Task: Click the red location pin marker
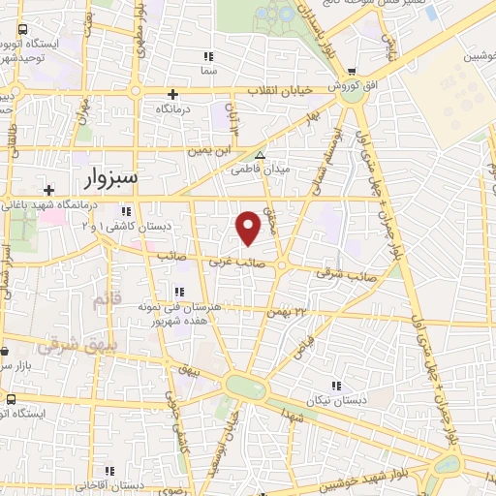[x=249, y=228]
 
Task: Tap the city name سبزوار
[x=106, y=178]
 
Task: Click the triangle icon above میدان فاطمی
[x=259, y=154]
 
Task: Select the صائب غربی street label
[x=235, y=260]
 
